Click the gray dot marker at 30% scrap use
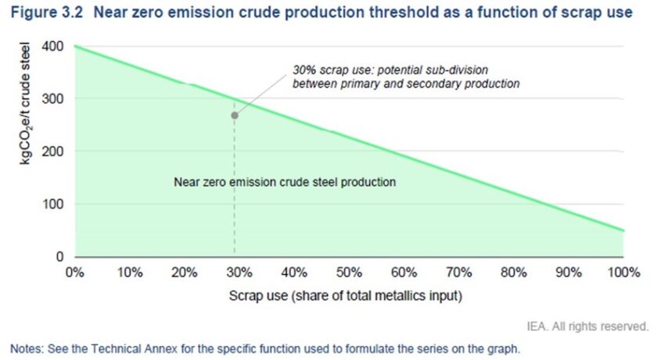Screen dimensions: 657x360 (x=235, y=115)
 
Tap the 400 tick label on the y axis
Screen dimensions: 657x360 (x=52, y=46)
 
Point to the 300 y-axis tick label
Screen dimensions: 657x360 (x=52, y=99)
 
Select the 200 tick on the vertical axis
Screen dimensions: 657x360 (x=52, y=151)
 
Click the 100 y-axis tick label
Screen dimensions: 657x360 (x=52, y=204)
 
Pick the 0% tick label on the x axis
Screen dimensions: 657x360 (x=74, y=273)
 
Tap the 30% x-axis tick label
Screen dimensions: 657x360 (x=239, y=273)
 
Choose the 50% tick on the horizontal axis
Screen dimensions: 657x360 (x=349, y=273)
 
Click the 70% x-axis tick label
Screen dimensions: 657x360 (x=459, y=273)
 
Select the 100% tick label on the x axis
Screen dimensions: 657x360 (x=623, y=273)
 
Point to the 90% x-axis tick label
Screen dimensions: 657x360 (x=569, y=273)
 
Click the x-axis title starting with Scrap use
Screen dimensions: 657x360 (x=346, y=296)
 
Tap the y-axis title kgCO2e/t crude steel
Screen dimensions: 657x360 (x=25, y=103)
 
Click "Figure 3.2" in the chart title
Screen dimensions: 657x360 (x=47, y=13)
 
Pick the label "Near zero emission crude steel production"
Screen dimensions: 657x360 (x=285, y=182)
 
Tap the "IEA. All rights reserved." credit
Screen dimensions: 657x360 (x=587, y=326)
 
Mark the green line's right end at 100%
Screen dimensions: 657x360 (x=623, y=231)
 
